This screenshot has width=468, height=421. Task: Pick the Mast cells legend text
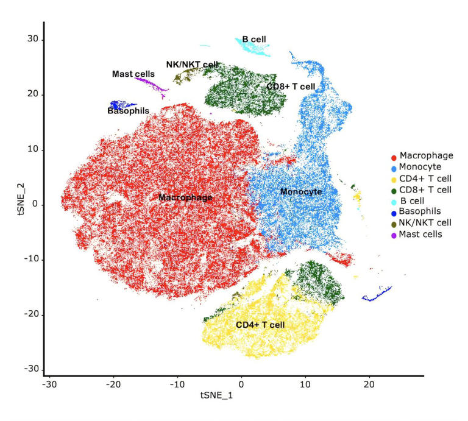point(420,233)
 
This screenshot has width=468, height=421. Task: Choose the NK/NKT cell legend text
point(425,222)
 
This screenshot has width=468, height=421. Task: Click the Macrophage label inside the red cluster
point(185,197)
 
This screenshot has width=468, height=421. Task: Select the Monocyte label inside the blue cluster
point(300,192)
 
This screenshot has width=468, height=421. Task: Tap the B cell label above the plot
point(253,39)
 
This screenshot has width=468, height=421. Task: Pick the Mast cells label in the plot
point(133,74)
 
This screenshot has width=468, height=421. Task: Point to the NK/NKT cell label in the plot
point(192,64)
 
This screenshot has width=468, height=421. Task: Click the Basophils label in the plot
point(128,110)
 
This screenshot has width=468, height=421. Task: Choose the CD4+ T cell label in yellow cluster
point(260,325)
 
